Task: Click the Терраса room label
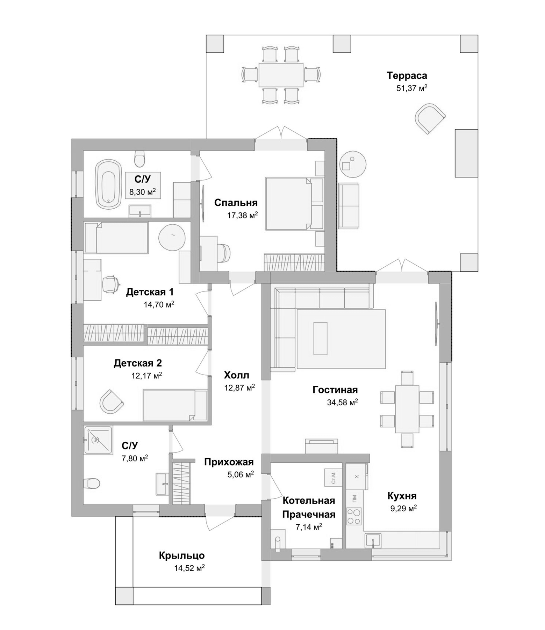pos(407,76)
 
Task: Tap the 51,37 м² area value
pos(411,88)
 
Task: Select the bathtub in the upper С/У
pos(108,184)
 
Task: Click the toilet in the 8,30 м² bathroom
pos(140,159)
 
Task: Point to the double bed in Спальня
pos(289,204)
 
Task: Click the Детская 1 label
pos(150,292)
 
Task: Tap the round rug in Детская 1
pos(172,237)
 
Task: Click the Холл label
pos(237,376)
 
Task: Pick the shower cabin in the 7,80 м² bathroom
pos(98,440)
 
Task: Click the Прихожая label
pos(229,462)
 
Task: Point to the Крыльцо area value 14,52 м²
pos(189,567)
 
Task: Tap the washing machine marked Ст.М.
pos(333,477)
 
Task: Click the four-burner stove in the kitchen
pos(354,516)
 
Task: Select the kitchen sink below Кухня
pos(373,540)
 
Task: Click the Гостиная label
pos(335,390)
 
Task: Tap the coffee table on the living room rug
pos(321,338)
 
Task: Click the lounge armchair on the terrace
pos(430,118)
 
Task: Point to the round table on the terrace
pos(353,164)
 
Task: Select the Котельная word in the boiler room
pos(309,500)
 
